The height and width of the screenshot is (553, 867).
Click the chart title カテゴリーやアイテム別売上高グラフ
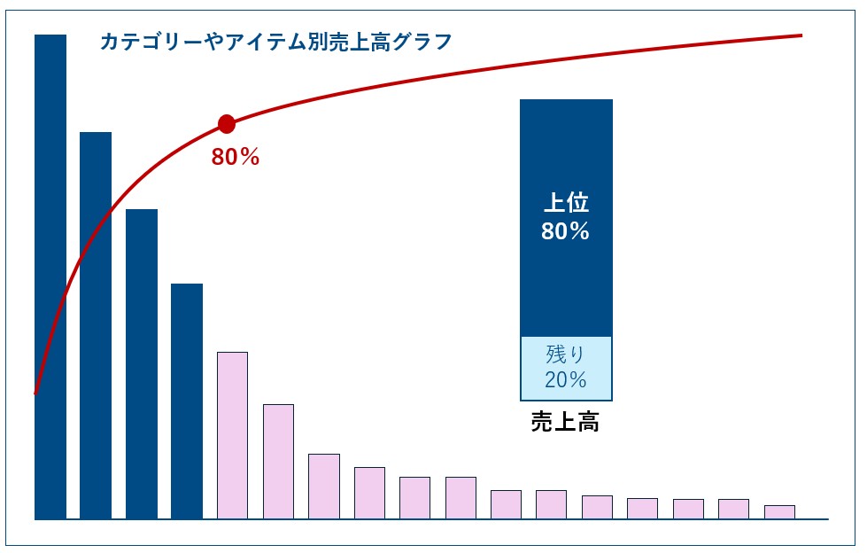pos(275,42)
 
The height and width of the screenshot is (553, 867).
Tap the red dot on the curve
pos(226,124)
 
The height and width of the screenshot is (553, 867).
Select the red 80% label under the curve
pos(236,158)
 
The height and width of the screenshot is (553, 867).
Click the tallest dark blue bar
pos(50,276)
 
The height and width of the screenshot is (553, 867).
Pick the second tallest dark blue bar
pos(96,325)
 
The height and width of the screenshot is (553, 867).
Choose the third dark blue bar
pos(142,363)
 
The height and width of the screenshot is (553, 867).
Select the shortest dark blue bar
pos(187,401)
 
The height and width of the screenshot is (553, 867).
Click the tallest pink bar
pos(232,435)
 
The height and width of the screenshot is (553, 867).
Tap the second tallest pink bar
pos(278,461)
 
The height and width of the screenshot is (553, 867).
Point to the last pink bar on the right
pos(779,511)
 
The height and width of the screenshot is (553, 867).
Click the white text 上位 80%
pos(566,218)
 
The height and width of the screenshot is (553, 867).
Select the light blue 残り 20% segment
pos(566,368)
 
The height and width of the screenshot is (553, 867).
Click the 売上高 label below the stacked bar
pos(565,422)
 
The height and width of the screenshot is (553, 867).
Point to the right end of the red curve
pos(801,35)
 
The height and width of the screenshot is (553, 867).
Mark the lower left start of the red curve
pos(35,392)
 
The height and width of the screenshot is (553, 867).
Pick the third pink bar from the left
pos(324,486)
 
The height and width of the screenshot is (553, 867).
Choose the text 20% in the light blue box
pos(566,380)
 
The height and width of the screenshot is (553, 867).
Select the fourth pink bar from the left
pos(369,492)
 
